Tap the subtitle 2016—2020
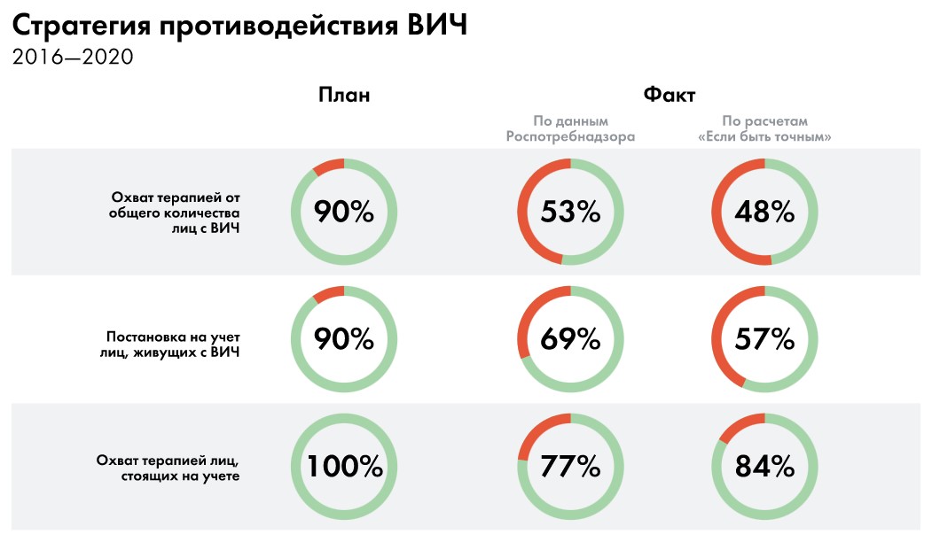pos(73,58)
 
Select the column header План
pos(344,95)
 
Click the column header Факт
pos(669,95)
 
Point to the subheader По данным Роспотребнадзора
pos(570,129)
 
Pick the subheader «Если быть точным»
pos(764,137)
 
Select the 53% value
pos(570,213)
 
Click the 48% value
pos(764,213)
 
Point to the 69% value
pos(570,338)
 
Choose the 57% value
pos(764,338)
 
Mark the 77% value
pos(570,466)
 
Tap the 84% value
pos(764,466)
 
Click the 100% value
pos(344,466)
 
